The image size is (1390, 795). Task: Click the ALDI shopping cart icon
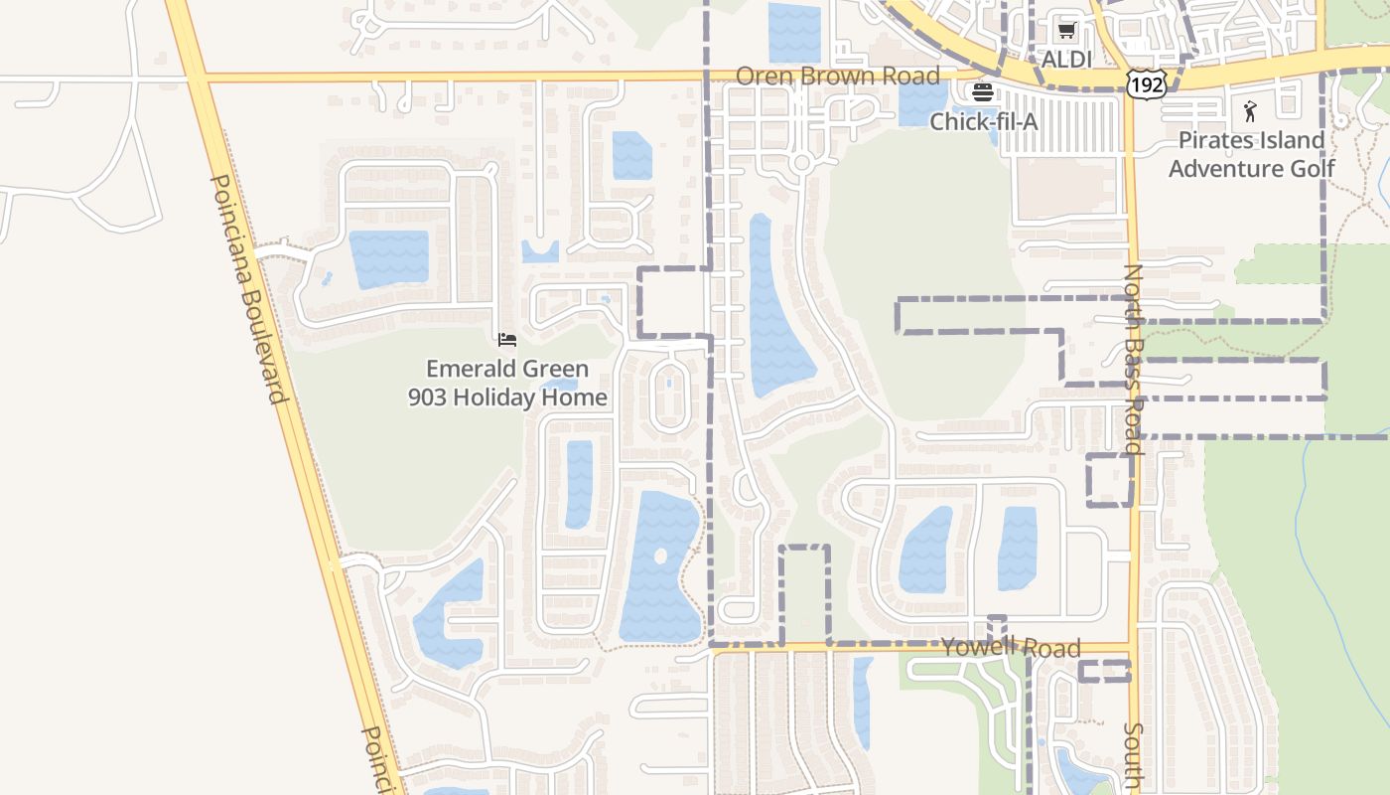1066,32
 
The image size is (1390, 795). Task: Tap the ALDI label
1066,60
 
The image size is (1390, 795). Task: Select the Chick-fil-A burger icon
983,93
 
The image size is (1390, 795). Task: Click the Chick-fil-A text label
983,121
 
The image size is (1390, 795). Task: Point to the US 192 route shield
1146,84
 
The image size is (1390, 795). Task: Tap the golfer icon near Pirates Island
1250,111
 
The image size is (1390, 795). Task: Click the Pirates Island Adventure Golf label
1251,154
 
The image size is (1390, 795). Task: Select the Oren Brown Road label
837,77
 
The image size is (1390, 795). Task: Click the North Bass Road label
1134,358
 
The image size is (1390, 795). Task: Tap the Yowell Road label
1011,648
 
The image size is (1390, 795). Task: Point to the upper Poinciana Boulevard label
248,288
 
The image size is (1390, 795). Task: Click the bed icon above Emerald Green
507,340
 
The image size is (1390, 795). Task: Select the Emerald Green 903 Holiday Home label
507,383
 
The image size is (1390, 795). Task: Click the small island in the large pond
660,556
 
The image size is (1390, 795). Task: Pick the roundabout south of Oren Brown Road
802,162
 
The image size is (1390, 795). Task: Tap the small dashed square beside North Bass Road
1110,480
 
